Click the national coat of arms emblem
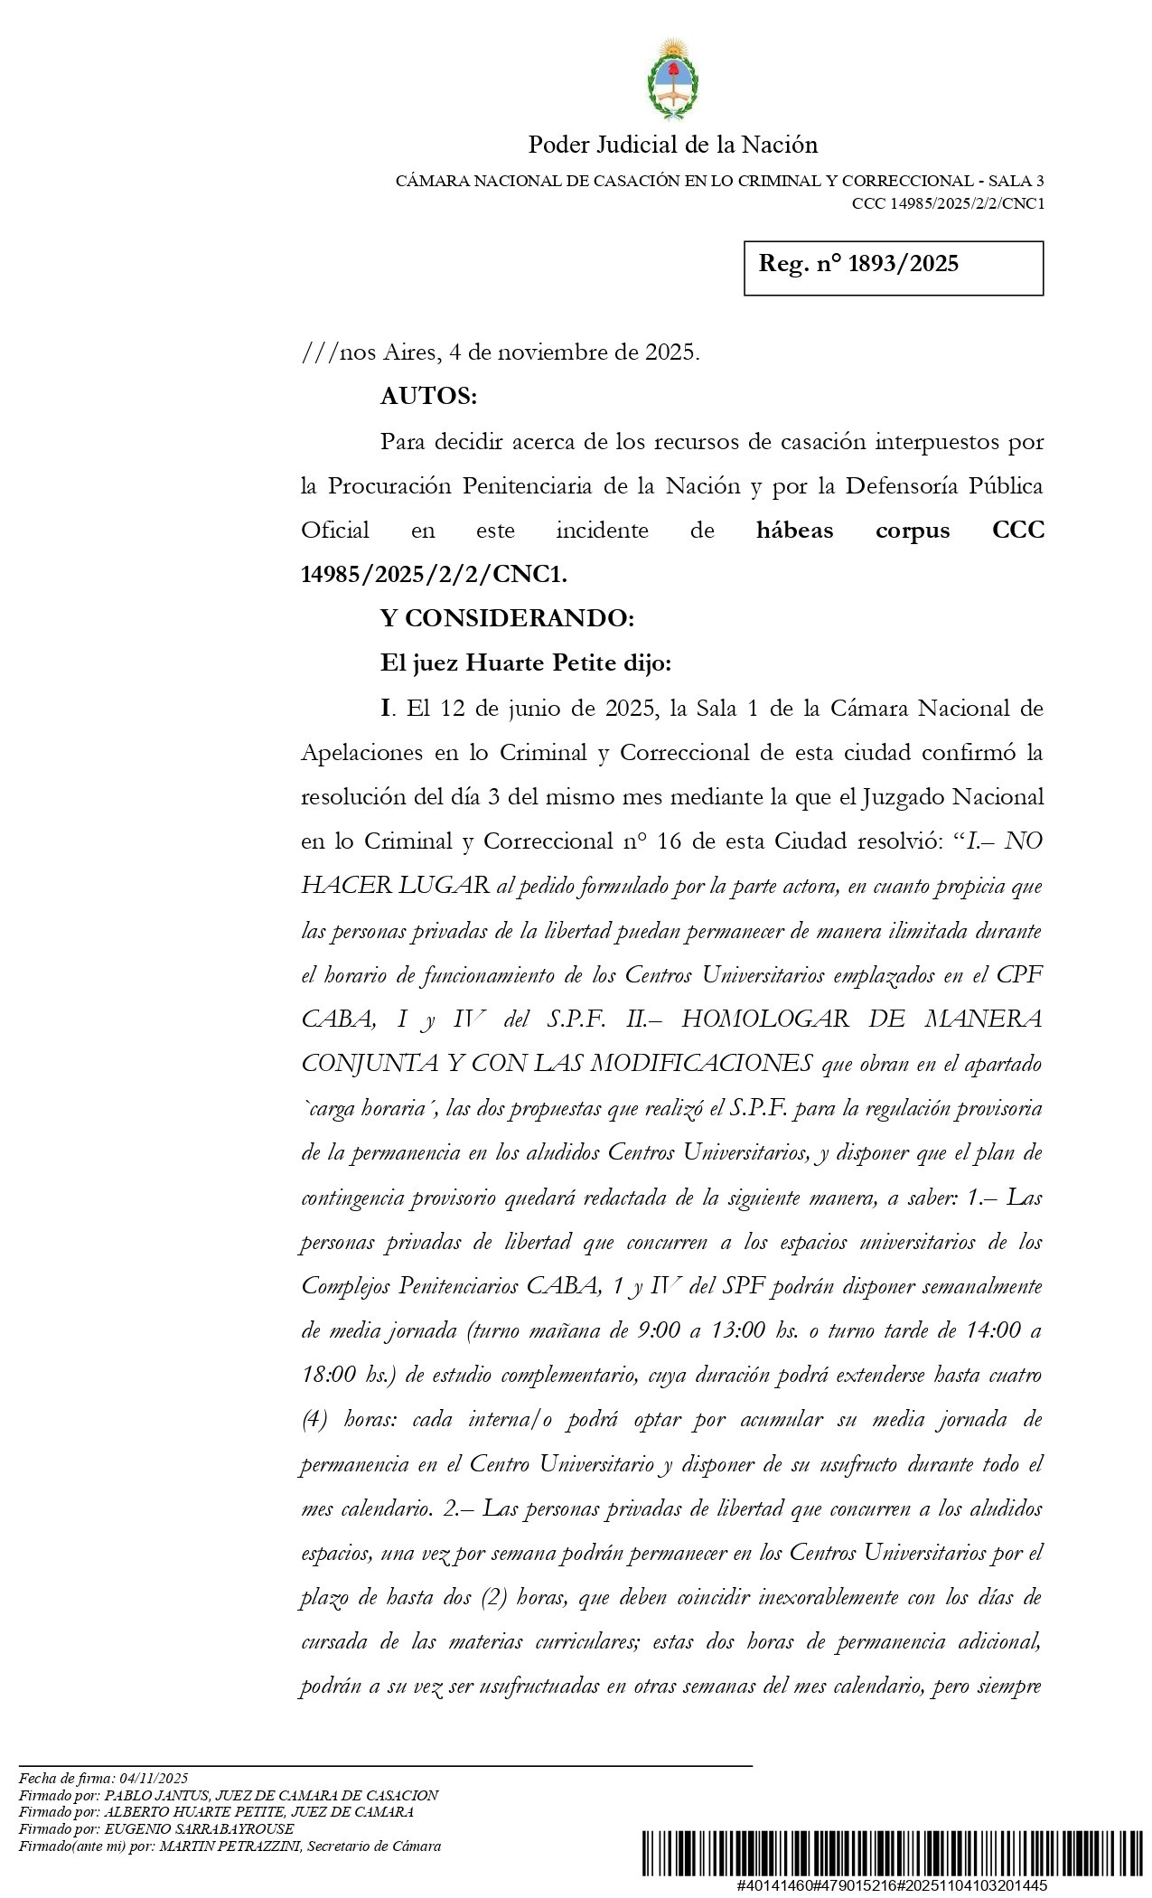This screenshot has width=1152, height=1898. (x=673, y=80)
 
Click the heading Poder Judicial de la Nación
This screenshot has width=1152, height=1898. (x=672, y=145)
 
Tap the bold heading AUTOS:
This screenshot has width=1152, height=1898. (x=428, y=396)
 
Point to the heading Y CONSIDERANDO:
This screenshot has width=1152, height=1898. (x=507, y=618)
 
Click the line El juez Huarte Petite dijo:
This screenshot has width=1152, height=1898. (x=526, y=663)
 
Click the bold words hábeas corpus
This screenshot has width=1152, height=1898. (x=852, y=531)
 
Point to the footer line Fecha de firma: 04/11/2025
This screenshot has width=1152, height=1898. (x=103, y=1778)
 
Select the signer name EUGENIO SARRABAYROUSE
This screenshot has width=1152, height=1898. (x=199, y=1829)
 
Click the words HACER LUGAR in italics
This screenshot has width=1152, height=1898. (x=395, y=886)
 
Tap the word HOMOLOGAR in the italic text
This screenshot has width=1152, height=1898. (x=764, y=1019)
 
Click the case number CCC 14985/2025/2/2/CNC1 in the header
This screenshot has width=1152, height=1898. (x=948, y=203)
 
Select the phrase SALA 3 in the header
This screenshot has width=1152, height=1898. (x=1016, y=181)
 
